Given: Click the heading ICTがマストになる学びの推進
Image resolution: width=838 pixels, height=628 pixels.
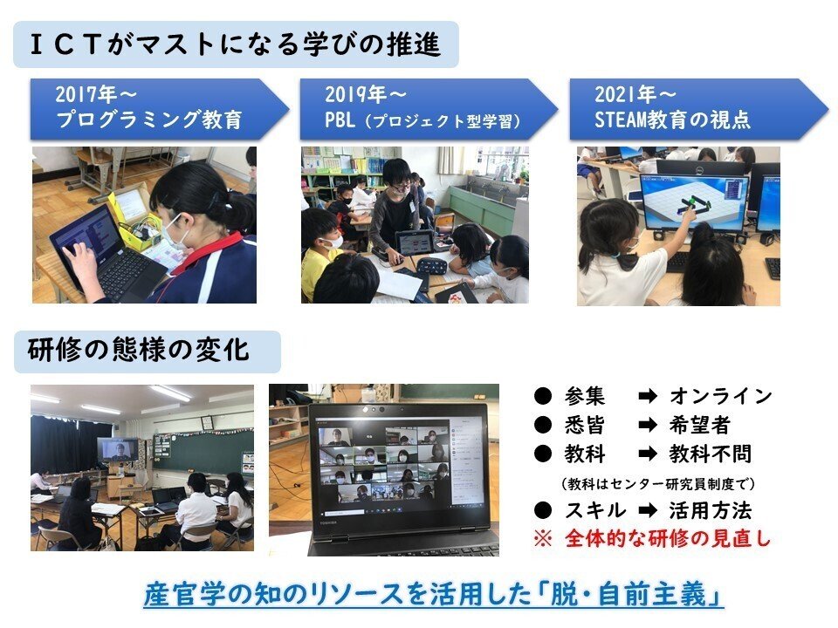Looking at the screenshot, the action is (x=235, y=44).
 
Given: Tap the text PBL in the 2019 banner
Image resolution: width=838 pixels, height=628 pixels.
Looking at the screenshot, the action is (x=340, y=119).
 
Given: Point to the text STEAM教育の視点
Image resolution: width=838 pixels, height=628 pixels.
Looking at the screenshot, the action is (x=672, y=119).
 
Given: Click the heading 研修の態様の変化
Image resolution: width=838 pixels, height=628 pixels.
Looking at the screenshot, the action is (x=139, y=351).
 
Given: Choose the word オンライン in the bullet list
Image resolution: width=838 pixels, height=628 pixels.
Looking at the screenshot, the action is (x=720, y=396).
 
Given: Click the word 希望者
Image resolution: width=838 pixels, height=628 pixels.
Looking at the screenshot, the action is (x=699, y=425).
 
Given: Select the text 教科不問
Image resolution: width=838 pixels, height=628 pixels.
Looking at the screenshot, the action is (x=711, y=454).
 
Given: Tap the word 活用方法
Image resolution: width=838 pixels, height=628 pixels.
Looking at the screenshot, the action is (x=711, y=510).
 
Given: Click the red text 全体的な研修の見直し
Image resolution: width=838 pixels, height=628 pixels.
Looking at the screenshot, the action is (x=668, y=538).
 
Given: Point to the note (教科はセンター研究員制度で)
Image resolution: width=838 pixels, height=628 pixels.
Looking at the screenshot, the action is (x=658, y=484).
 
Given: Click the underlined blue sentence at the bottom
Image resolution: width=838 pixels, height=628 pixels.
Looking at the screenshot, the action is (x=434, y=594).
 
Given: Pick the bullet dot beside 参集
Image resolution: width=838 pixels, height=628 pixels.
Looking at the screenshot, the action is (x=542, y=396).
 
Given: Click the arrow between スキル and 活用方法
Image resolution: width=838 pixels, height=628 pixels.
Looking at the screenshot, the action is (x=648, y=510).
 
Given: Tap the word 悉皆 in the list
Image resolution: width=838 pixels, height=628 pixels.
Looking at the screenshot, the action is (x=585, y=425).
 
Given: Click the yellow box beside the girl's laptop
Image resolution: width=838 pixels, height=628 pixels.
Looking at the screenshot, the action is (x=134, y=219).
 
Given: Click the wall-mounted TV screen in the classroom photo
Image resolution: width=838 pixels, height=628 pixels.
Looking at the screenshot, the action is (x=118, y=450).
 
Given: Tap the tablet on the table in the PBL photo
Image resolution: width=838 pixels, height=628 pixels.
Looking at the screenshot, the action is (x=416, y=243).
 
